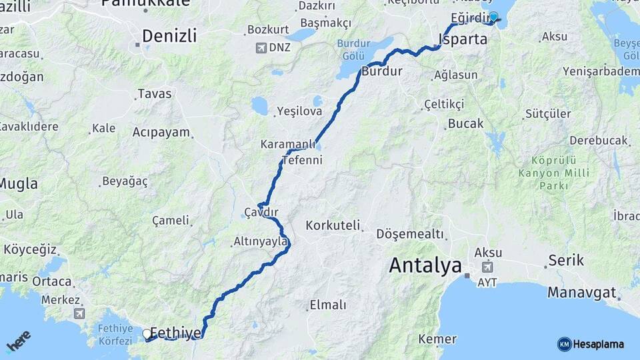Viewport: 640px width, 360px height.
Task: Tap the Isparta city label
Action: (x=462, y=39)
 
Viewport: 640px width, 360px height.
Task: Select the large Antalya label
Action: (x=425, y=265)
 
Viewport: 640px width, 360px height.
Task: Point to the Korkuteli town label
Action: (x=333, y=225)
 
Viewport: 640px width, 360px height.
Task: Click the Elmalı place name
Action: (x=327, y=305)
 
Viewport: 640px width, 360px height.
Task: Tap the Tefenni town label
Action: (x=302, y=160)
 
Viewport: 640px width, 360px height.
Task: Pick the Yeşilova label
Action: (x=299, y=111)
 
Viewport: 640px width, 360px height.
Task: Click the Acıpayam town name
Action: (x=161, y=132)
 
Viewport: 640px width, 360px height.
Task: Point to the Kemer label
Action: (x=437, y=339)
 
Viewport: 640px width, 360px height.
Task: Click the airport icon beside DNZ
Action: (x=261, y=48)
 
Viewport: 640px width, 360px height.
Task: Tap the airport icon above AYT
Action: (x=488, y=268)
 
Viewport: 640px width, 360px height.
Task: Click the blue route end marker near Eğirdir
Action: (x=493, y=17)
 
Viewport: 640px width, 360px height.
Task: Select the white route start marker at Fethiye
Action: (x=147, y=333)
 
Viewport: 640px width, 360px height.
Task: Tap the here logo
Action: (x=18, y=341)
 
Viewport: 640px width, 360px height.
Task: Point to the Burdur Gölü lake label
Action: (x=353, y=48)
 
